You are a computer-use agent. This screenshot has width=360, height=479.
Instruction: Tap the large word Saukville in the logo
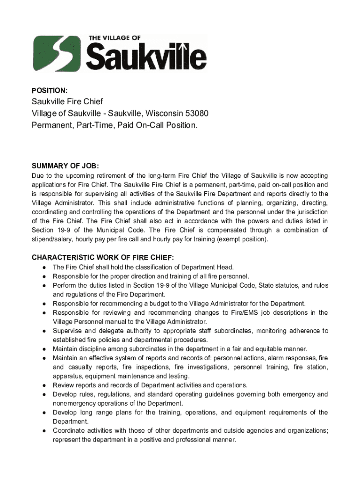[x=146, y=58]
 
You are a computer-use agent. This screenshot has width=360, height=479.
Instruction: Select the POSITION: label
[x=50, y=90]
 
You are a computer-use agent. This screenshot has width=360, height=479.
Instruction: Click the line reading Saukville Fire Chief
[x=67, y=102]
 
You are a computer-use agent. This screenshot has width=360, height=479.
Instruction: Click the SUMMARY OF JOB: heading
[x=65, y=166]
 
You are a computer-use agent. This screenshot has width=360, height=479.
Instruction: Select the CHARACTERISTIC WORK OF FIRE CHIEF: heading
[x=102, y=257]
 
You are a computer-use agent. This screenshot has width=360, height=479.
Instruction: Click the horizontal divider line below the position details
[x=180, y=149]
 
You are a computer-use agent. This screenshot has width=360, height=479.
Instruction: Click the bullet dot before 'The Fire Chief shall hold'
[x=43, y=268]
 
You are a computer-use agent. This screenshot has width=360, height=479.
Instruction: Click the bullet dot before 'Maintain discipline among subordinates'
[x=43, y=349]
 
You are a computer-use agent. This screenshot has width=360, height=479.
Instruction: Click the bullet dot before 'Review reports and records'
[x=43, y=385]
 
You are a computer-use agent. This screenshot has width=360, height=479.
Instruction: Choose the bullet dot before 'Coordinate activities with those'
[x=43, y=431]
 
